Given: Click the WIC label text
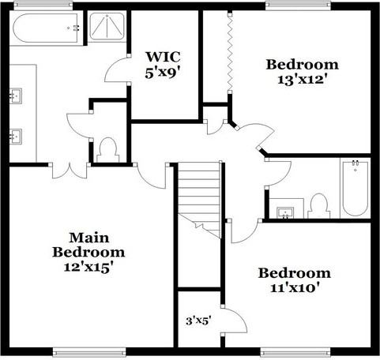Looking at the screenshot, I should [164, 57].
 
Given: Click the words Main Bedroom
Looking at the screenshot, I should [88, 245].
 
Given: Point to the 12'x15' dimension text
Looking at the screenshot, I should [88, 267].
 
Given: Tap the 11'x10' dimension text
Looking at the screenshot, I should [295, 288].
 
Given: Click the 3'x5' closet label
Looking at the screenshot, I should [198, 321].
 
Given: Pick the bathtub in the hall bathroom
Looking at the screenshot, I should [356, 188].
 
